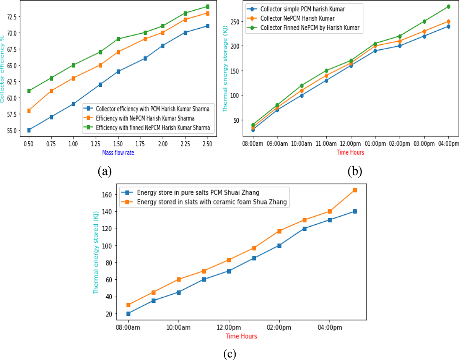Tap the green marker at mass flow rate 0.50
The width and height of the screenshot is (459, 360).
click(29, 91)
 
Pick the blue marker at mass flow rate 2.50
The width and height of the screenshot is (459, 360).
click(207, 26)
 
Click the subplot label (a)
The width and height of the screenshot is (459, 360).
click(104, 172)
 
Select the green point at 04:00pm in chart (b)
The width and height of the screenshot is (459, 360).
click(448, 6)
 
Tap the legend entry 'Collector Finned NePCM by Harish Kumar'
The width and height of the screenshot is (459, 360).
click(310, 28)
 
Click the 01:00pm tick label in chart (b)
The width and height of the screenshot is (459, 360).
click(375, 143)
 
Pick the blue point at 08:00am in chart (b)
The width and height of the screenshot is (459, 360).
click(253, 130)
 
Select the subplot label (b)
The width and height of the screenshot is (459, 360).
click(355, 172)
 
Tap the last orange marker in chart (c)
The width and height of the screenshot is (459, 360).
click(355, 190)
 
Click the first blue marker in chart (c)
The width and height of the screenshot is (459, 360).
click(129, 314)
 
